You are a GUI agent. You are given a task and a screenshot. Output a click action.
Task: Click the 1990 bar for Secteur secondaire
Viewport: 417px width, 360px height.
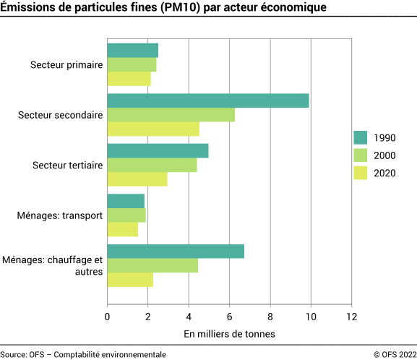coord(208,100)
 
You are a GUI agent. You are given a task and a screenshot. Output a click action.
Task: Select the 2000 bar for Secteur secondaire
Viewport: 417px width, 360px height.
coord(171,115)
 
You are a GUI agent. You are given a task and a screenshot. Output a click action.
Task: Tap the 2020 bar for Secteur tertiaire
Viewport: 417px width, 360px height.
coord(137,179)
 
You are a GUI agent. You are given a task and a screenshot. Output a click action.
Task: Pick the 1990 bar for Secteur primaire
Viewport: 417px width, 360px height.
coord(133,51)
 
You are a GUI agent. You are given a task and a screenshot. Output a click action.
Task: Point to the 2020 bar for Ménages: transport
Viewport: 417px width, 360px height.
coord(123,229)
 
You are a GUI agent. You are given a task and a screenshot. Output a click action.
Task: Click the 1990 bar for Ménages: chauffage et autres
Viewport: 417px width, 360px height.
coord(176,251)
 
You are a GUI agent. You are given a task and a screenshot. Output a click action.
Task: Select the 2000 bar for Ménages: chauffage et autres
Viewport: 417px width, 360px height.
coord(152,265)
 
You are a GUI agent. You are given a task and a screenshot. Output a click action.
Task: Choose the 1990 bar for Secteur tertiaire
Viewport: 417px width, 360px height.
coord(158,150)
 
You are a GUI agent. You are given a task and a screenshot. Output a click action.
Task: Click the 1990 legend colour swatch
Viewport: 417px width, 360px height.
coord(361,138)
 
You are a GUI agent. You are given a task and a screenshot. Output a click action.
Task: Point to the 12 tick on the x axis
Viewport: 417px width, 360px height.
coord(352,316)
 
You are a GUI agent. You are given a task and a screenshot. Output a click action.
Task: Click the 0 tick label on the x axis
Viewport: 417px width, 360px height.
coord(108,316)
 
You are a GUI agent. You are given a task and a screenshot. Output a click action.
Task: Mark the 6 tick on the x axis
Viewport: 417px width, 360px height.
coord(230,316)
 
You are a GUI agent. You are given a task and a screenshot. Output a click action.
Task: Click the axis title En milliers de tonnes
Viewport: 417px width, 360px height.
coord(229,334)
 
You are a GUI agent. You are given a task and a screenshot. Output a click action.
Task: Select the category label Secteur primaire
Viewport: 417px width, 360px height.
coord(66,65)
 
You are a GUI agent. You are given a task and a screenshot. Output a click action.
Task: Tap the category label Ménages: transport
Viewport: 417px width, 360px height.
coord(61,215)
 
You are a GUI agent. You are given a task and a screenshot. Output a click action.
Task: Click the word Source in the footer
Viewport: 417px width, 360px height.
coord(13,354)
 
